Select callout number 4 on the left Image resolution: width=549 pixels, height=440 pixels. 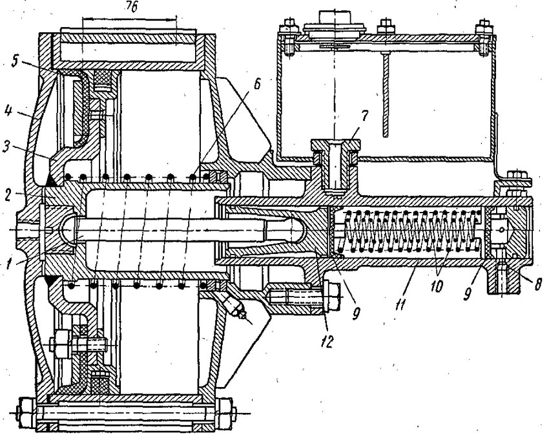tap(10, 112)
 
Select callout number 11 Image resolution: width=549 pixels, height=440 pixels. tap(400, 305)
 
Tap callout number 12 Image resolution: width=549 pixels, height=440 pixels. tap(327, 341)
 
